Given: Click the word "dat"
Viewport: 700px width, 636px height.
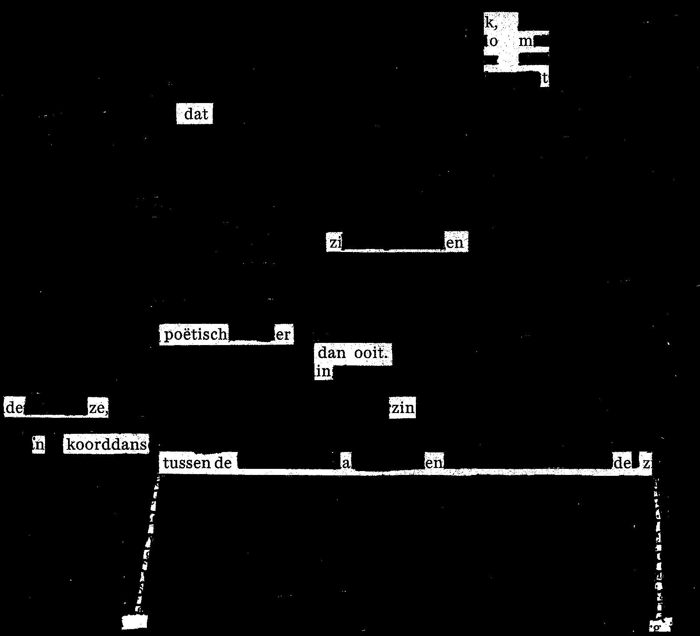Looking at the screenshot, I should pos(196,114).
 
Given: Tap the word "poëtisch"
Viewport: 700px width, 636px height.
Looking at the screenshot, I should pos(195,335).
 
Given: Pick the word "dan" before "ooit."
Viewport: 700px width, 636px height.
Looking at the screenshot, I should pos(331,353).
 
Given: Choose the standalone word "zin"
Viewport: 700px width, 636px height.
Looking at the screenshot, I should pos(403,408).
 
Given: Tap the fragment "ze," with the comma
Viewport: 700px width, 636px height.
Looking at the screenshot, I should pos(98,408).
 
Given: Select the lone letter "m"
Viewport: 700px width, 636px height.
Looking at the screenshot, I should pos(526,42).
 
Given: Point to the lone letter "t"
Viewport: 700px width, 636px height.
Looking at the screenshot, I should pos(545,79).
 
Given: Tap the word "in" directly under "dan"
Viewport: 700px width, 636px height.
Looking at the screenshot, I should pos(323,371).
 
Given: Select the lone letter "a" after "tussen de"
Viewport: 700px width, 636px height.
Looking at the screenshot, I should pos(346,464).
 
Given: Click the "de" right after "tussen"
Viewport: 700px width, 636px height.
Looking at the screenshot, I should pos(223,464).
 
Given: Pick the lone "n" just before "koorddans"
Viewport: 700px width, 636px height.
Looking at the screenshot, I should pos(38,445).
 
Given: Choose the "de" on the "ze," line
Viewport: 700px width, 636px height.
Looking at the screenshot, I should pos(14,408).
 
